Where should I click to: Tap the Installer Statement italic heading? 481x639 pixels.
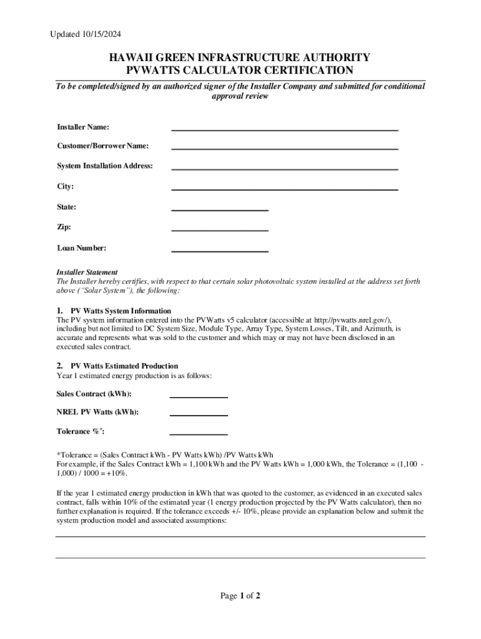(87, 272)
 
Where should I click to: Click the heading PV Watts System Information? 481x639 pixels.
(121, 311)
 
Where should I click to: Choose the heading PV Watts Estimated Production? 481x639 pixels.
(124, 366)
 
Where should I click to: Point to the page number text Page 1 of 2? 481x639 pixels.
(240, 596)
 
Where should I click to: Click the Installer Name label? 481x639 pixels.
(83, 127)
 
